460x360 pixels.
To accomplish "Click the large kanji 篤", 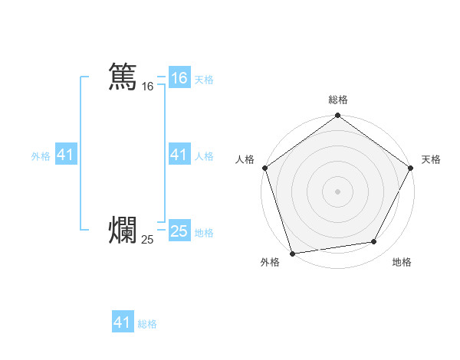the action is tap(123, 77).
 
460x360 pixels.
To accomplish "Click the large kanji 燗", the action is tap(123, 230).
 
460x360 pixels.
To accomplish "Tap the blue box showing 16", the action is tap(179, 77).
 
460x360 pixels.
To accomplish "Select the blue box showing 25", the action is tap(179, 231).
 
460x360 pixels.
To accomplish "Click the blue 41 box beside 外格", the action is tap(66, 155).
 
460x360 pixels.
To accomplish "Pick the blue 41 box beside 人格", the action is tap(179, 155).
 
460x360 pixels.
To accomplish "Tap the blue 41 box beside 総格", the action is tap(123, 322).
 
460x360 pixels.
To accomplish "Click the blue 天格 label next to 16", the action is tap(204, 79).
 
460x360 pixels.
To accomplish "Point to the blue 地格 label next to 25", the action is tap(204, 233).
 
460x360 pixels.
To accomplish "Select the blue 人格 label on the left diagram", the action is tap(204, 156).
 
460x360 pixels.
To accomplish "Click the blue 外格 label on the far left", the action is tap(41, 156).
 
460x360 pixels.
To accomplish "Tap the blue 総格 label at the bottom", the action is tap(147, 324).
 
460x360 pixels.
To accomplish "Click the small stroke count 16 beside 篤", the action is tap(147, 87).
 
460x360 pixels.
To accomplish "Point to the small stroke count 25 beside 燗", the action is tap(147, 240).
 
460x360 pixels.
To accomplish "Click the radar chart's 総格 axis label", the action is tap(337, 100).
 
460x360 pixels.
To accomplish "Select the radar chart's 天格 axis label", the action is tap(431, 159).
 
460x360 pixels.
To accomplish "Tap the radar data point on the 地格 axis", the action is tap(374, 241).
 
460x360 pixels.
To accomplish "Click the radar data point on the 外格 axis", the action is tap(292, 254).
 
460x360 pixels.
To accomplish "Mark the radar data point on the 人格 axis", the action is tap(264, 167).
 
